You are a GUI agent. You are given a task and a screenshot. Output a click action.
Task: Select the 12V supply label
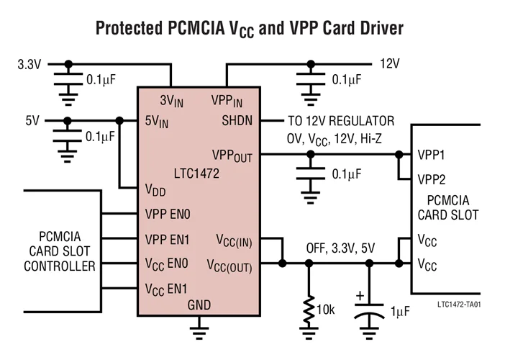389,64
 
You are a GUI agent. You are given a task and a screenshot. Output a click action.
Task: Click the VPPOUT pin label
232,155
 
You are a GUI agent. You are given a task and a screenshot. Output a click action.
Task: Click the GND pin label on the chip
199,305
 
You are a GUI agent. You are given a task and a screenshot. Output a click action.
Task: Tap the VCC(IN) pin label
234,240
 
